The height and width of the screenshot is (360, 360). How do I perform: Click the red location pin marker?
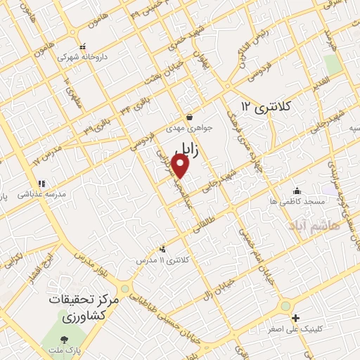coord(181,166)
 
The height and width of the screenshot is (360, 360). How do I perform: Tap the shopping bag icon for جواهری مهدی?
coord(188,117)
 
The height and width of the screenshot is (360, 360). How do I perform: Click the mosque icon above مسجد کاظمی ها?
coord(297,190)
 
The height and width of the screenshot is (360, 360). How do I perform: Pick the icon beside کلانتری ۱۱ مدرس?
coord(163,248)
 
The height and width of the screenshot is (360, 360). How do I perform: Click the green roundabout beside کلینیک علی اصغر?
coord(285,306)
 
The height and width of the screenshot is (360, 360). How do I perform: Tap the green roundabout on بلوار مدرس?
coord(125,289)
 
